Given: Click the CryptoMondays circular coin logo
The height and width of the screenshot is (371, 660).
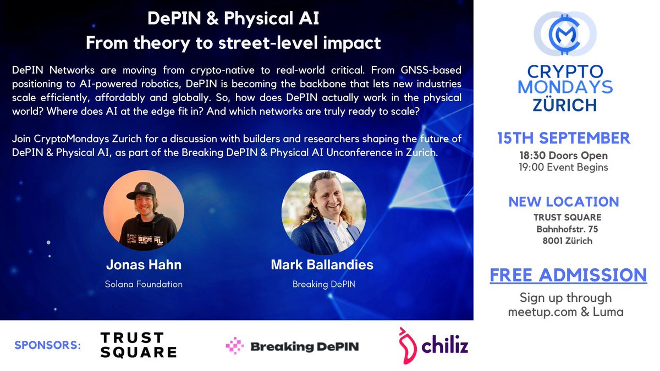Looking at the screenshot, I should [x=565, y=37].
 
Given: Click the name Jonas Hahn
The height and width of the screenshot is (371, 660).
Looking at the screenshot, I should [x=144, y=265].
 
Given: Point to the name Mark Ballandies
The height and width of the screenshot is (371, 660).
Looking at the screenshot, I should [x=322, y=265].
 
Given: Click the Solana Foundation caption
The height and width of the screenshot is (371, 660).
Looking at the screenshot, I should [x=144, y=284].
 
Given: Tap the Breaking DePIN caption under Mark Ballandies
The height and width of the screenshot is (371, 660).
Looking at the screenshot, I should [x=322, y=284].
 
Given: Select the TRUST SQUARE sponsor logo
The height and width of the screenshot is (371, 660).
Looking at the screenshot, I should [x=138, y=345].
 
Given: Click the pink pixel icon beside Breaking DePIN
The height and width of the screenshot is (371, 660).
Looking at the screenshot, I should [x=235, y=346].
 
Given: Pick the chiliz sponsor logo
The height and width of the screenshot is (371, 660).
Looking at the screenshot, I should [x=433, y=345].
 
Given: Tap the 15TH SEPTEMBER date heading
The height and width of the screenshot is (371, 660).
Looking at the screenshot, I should [x=564, y=139].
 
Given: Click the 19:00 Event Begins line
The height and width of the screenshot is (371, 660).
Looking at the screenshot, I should [x=564, y=167].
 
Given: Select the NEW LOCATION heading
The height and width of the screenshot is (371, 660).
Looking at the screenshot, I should [x=564, y=201].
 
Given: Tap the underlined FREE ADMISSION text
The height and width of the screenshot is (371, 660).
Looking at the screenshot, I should [x=568, y=275].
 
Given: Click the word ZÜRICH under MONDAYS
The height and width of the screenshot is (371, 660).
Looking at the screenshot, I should [x=564, y=104].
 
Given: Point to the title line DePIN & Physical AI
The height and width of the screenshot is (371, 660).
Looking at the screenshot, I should [x=234, y=20].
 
